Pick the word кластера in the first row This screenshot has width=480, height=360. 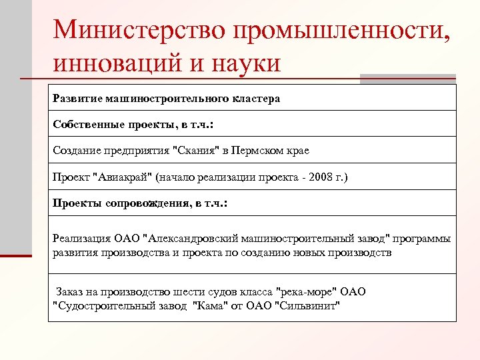(257, 99)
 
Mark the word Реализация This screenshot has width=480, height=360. (79, 239)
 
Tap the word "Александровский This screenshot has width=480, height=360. (199, 239)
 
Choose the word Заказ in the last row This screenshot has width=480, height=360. (71, 293)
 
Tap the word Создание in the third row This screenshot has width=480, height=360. (77, 151)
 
